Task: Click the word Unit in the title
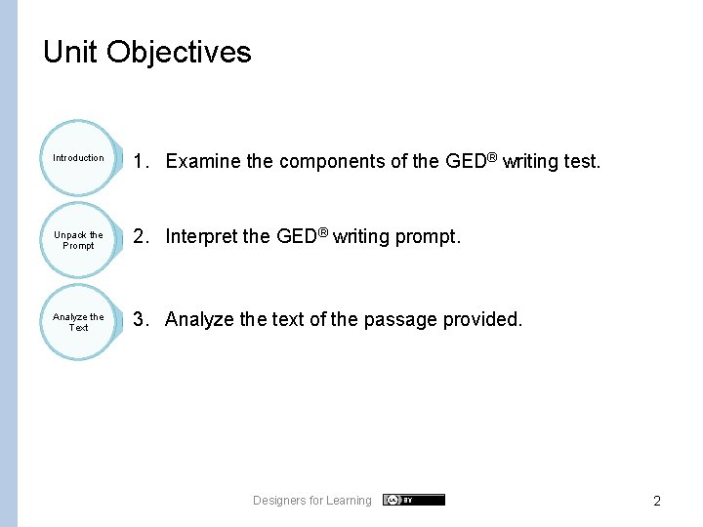(x=70, y=52)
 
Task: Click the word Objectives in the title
(x=179, y=52)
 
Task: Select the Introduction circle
(x=78, y=158)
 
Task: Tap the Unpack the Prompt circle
(x=78, y=240)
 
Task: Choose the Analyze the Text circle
(x=78, y=322)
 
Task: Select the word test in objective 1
(x=581, y=161)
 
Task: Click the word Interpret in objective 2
(x=202, y=236)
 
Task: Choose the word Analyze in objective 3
(x=200, y=319)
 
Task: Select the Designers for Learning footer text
(x=312, y=501)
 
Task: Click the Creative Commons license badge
(x=413, y=500)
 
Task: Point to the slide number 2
(x=657, y=501)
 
